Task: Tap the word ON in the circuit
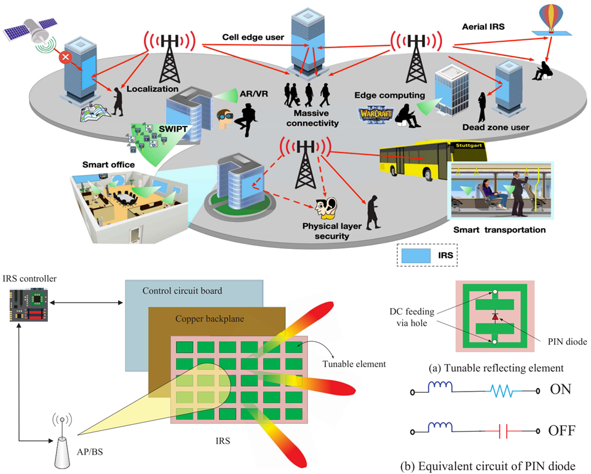point(560,389)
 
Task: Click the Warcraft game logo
point(376,116)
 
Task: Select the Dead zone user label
point(496,128)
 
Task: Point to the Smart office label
point(108,165)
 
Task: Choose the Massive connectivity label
point(316,118)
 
